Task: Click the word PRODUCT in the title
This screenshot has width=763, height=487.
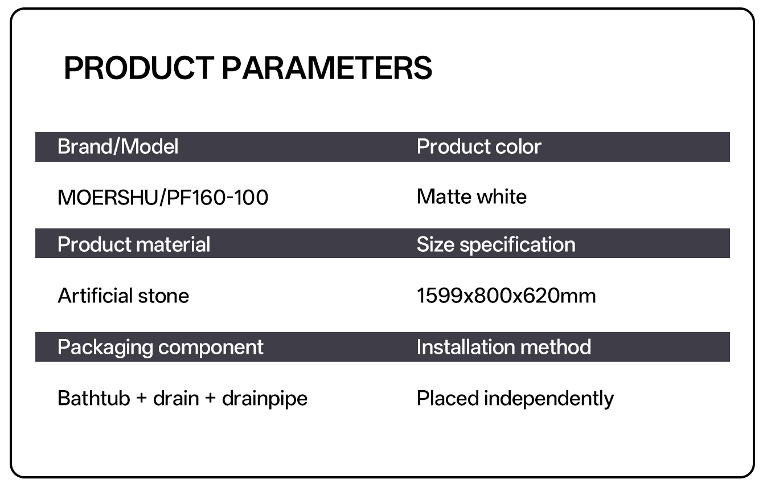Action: tap(138, 68)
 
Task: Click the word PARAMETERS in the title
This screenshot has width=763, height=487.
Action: tap(327, 68)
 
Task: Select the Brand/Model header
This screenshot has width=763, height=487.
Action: tap(118, 147)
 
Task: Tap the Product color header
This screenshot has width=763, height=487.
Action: tap(479, 147)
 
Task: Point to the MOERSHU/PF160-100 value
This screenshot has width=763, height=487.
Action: tap(163, 198)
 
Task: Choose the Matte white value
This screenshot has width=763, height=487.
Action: tap(471, 197)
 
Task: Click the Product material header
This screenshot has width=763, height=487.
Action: tap(134, 244)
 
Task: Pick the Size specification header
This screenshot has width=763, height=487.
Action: tap(496, 244)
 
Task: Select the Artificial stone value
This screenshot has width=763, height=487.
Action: tap(123, 296)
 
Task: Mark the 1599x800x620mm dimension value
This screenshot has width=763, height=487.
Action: tap(506, 296)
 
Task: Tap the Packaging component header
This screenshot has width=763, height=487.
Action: tap(161, 347)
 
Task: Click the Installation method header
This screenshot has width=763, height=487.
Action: tap(504, 347)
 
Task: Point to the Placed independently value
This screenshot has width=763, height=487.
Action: tap(515, 398)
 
